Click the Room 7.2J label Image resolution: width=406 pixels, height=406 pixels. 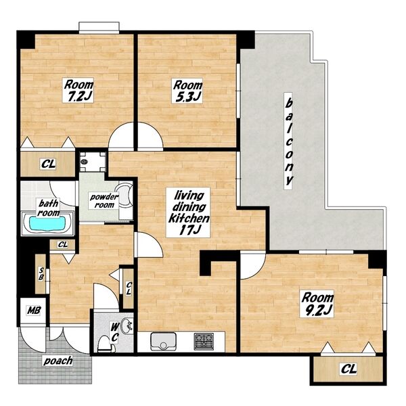(x=78, y=91)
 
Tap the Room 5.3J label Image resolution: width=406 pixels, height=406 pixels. (x=187, y=91)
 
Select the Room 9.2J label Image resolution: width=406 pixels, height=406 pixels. (x=317, y=304)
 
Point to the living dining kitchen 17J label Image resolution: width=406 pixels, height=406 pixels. (x=188, y=212)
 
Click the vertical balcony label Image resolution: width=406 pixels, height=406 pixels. (x=288, y=141)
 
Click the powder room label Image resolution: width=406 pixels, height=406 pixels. (x=104, y=201)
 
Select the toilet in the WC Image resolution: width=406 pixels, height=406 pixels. (x=106, y=344)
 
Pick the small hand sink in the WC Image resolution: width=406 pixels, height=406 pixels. (x=127, y=325)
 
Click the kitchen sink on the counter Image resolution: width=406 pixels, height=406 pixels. (x=163, y=341)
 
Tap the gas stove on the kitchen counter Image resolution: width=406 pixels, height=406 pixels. (x=204, y=341)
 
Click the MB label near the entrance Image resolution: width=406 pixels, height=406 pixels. (x=34, y=311)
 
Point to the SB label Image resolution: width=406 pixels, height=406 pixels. (x=41, y=273)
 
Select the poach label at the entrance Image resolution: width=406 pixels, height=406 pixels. (x=58, y=361)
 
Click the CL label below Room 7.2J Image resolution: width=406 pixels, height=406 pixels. (x=49, y=164)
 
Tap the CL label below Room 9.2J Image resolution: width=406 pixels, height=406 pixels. (x=348, y=369)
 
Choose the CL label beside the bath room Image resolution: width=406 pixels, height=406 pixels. (x=63, y=244)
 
